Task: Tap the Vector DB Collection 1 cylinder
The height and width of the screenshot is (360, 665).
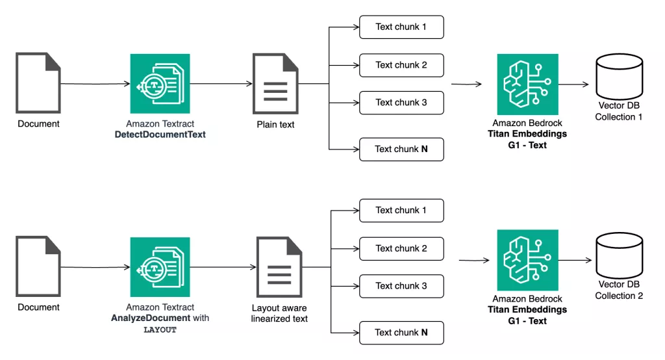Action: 618,77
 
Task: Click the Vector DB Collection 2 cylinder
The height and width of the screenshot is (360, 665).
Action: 618,257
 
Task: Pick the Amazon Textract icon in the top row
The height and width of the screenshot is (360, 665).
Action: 160,84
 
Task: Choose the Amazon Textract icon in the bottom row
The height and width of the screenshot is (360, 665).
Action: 160,266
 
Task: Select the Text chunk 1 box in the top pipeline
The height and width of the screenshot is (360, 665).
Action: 401,27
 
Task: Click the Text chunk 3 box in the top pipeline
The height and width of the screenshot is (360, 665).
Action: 401,103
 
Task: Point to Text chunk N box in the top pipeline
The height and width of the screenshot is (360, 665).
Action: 401,149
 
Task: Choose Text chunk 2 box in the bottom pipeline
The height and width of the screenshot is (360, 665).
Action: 401,248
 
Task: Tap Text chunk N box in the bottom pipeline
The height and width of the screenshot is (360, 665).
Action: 401,333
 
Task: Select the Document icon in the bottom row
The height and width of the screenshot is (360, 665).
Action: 38,267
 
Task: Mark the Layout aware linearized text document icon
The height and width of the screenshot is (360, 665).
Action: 279,267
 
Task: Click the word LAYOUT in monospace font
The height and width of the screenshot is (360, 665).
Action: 160,329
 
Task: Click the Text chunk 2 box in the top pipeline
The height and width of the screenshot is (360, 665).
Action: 401,65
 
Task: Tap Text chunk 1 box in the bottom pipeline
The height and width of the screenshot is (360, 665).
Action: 401,211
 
